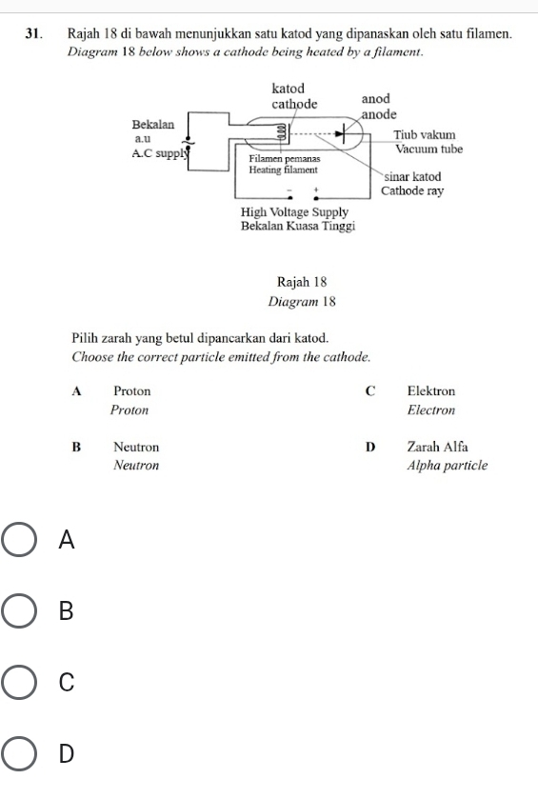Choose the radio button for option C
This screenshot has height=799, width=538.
[19, 683]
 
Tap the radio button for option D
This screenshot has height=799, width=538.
[19, 755]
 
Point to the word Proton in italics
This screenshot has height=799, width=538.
[129, 410]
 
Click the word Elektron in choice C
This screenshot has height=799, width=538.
[430, 391]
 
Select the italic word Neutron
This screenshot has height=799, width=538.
[135, 466]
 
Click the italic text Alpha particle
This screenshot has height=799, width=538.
[446, 466]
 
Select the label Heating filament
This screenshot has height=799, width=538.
[284, 168]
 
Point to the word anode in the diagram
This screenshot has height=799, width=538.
[379, 114]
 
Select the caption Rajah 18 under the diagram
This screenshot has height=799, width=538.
[302, 282]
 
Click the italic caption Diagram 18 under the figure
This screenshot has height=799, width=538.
[302, 302]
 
